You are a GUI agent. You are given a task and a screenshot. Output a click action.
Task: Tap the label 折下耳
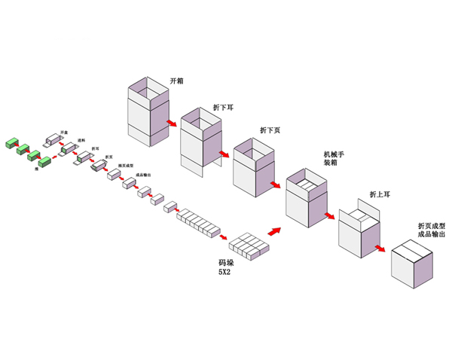[x=225, y=108]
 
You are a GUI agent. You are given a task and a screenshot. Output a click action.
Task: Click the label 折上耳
[x=380, y=194]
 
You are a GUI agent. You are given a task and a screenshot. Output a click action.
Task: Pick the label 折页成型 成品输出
[x=431, y=230]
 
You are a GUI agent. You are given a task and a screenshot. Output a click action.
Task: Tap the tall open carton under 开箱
[x=148, y=113]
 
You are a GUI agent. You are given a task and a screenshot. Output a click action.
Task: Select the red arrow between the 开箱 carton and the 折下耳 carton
[x=173, y=122]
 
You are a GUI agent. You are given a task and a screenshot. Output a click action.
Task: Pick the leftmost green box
[x=13, y=142]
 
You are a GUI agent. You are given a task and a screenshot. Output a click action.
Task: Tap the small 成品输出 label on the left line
[x=143, y=175]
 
